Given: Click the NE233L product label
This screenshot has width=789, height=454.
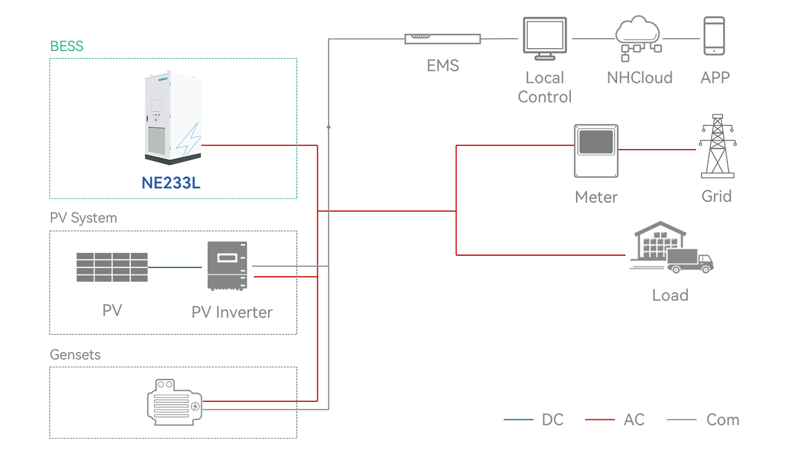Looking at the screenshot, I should click(x=171, y=183).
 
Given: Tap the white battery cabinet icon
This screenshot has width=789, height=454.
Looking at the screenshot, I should click(x=174, y=120).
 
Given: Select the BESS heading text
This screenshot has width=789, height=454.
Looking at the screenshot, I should click(x=67, y=46).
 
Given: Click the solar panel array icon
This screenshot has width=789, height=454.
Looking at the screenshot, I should click(x=111, y=267).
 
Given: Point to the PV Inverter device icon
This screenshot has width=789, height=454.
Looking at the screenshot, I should click(x=227, y=265).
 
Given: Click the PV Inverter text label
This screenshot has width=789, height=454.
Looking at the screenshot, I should click(x=232, y=312).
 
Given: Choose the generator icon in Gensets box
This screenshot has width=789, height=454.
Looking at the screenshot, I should click(x=174, y=402).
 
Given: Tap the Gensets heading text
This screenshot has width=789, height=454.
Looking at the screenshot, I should click(x=75, y=355).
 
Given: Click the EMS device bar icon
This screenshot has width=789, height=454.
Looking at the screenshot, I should click(x=442, y=39).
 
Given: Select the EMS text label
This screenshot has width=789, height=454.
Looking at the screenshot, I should click(x=443, y=66).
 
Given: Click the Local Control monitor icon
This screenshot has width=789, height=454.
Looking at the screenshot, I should click(x=545, y=39).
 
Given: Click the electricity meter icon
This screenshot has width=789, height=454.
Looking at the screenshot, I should click(x=596, y=151).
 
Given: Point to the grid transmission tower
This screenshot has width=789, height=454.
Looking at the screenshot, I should click(x=717, y=145).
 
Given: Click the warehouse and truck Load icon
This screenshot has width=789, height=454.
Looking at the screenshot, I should click(x=671, y=248).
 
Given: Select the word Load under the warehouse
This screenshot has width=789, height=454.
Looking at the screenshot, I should click(x=670, y=295).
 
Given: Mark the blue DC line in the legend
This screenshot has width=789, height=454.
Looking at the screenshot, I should click(x=519, y=420).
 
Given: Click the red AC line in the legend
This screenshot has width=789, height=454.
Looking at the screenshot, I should click(x=600, y=420).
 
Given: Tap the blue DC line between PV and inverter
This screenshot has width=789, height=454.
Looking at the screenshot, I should click(x=175, y=267).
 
